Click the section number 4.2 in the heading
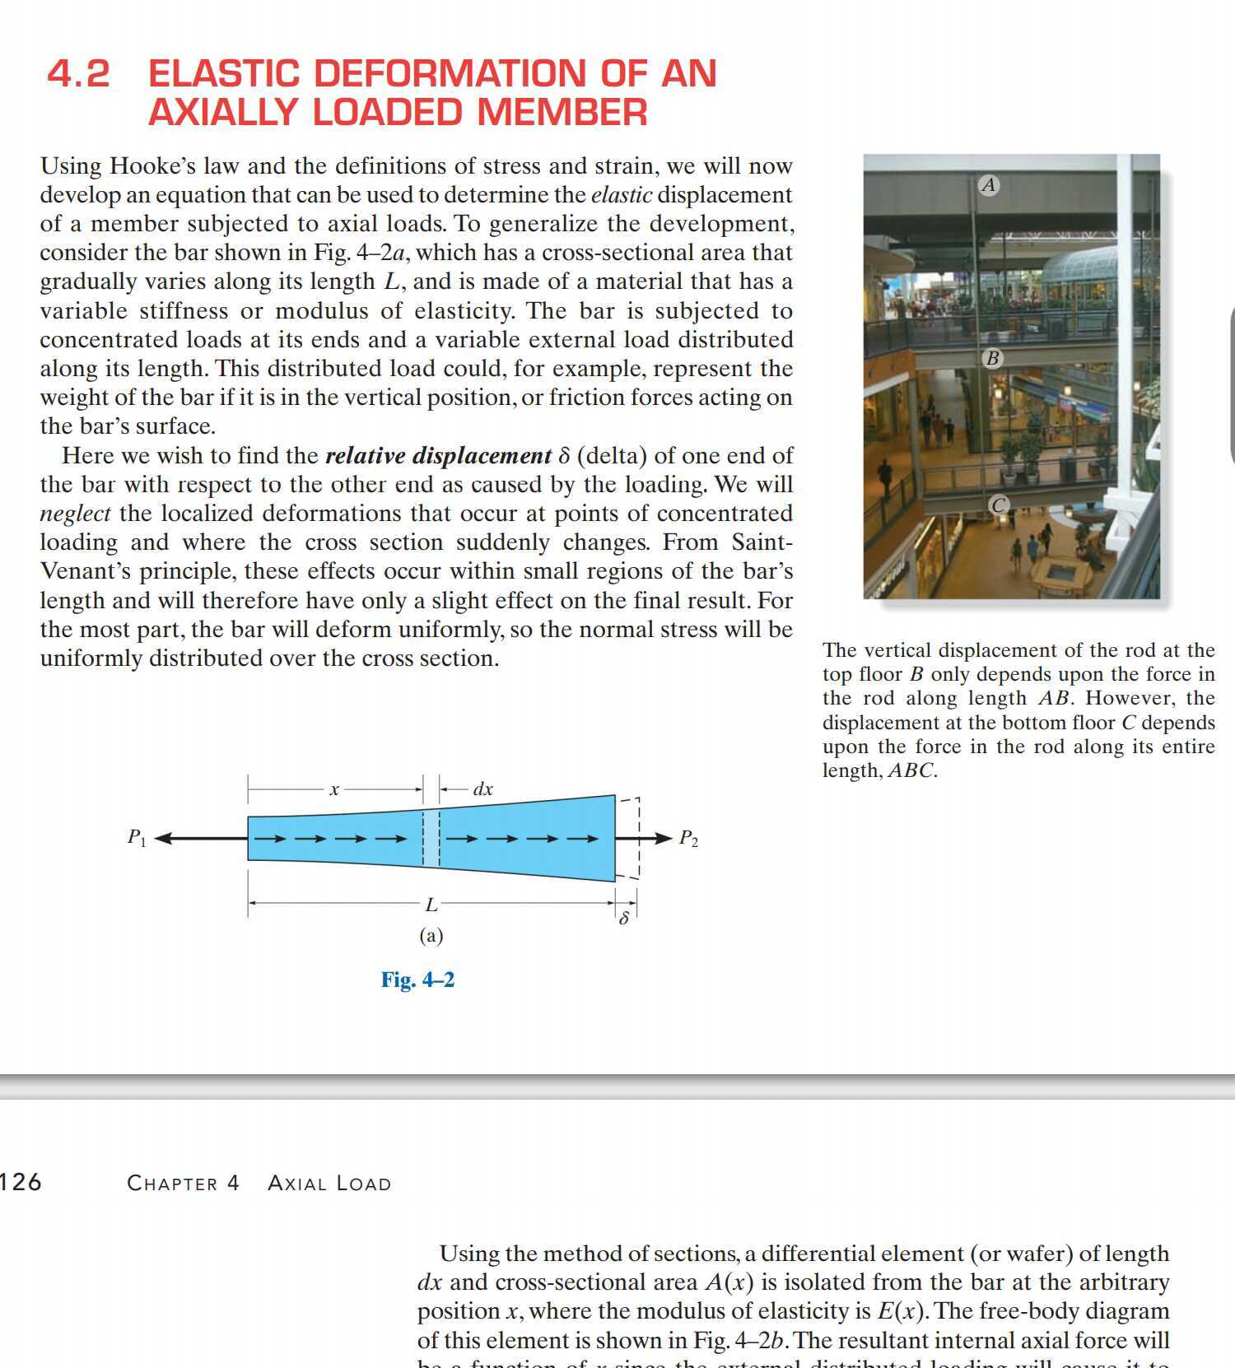point(78,74)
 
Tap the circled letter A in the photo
point(989,185)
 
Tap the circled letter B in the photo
point(992,358)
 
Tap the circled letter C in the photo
point(998,505)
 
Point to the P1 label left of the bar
point(137,838)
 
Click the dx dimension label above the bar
point(482,789)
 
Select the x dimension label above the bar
point(333,789)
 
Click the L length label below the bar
point(431,905)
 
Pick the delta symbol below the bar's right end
point(624,918)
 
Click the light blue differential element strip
point(431,838)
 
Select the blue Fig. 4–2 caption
point(417,979)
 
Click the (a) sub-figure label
point(431,936)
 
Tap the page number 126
point(21,1183)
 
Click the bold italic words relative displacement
point(438,456)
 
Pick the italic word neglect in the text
point(75,514)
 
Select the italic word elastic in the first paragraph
point(622,195)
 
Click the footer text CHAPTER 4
point(183,1184)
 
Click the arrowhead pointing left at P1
point(163,839)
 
